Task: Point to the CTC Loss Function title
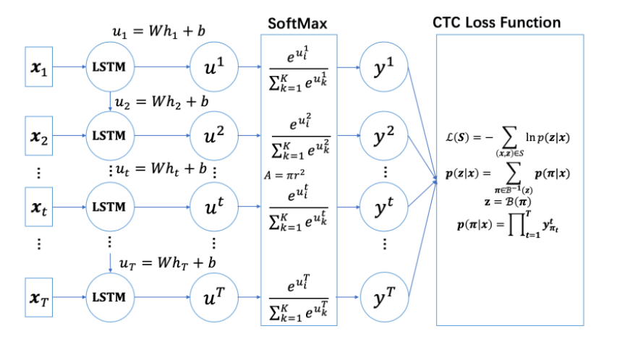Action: coord(497,22)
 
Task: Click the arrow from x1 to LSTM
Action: coord(69,67)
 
